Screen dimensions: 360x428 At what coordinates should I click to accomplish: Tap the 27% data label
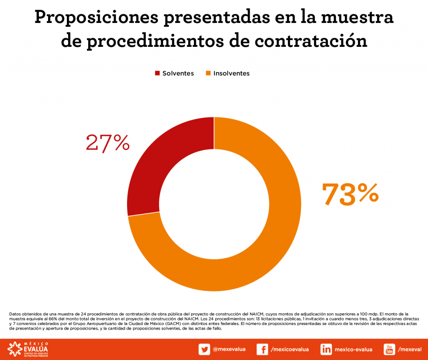107,143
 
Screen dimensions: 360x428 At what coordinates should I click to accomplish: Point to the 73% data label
350,194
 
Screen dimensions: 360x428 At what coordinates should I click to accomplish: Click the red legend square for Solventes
157,73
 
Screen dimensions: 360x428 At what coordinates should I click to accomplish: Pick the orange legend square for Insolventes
208,73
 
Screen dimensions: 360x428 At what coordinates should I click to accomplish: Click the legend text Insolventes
231,73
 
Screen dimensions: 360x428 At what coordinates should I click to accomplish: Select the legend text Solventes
178,73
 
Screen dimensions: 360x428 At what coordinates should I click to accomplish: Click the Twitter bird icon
204,349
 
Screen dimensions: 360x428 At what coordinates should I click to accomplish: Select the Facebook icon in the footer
262,349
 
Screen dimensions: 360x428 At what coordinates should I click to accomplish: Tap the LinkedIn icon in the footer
326,349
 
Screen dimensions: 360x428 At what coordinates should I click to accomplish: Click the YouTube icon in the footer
389,349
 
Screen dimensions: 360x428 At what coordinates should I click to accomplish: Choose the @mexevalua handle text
229,349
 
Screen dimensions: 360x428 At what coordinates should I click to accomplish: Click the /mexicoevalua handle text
290,349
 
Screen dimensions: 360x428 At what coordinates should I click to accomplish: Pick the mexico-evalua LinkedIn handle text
354,349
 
